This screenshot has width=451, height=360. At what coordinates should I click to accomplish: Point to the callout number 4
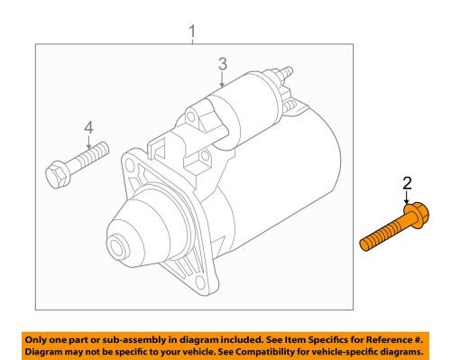point(88,127)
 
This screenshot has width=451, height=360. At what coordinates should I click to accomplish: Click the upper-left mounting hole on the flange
point(132,166)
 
